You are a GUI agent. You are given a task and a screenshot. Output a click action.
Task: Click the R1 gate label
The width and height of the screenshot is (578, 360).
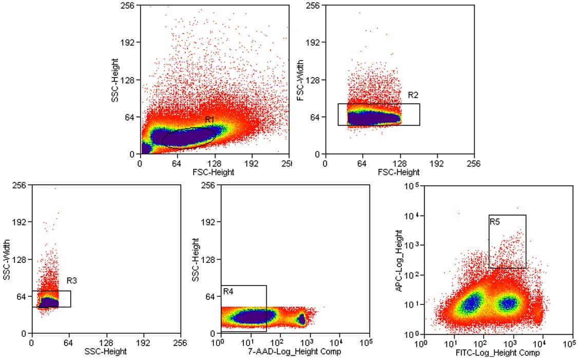tap(209, 120)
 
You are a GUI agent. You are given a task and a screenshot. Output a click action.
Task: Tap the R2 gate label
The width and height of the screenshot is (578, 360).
tap(413, 95)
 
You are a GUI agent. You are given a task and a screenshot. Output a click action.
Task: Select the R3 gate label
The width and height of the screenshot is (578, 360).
tap(72, 280)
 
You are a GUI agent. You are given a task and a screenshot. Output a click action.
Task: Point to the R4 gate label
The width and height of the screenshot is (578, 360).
tap(228, 292)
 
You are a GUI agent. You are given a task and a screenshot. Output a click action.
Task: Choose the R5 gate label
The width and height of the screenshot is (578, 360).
tap(495, 222)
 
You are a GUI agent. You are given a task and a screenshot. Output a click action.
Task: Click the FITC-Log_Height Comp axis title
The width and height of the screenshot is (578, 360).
tap(497, 353)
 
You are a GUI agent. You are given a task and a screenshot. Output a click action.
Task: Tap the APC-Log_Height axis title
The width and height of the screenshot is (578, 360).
tap(399, 262)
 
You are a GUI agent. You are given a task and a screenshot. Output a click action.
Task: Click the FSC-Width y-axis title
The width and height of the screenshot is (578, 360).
tap(300, 80)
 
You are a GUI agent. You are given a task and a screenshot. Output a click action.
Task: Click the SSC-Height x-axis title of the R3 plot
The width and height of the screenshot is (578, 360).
tap(105, 352)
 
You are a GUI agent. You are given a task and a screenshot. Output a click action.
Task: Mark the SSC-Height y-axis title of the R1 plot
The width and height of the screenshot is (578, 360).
tap(115, 80)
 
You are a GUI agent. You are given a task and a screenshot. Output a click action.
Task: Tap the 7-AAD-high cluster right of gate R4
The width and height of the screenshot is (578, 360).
tap(302, 320)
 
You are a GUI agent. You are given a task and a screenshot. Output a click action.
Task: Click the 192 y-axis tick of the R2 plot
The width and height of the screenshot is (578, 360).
tap(313, 43)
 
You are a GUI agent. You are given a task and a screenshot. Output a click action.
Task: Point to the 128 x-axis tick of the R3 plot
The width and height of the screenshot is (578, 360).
tap(106, 343)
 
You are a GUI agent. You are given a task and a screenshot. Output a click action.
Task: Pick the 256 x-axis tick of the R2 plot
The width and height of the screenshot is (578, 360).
tap(474, 163)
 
